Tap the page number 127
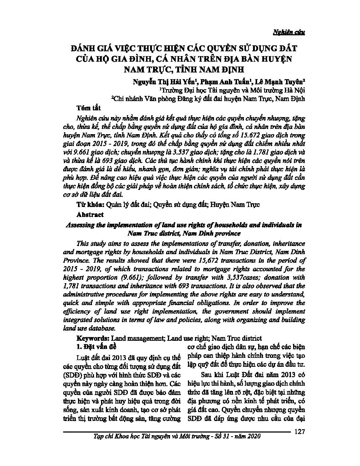tap(299, 431)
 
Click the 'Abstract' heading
tap(90, 215)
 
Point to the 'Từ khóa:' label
tap(90, 205)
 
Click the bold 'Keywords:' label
tap(93, 339)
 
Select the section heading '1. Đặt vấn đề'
tap(96, 347)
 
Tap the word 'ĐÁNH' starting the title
tap(84, 48)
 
